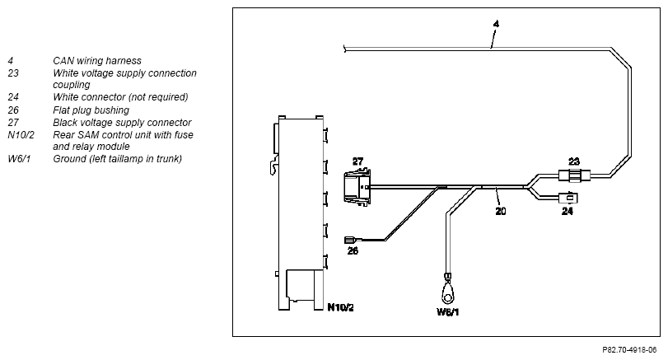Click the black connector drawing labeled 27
point(357,187)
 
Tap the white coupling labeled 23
point(574,175)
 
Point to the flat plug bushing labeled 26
point(350,240)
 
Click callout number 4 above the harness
point(496,24)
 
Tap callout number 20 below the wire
point(501,210)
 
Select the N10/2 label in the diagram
point(340,306)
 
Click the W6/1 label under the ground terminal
point(448,312)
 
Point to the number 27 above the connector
point(357,161)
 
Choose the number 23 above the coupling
point(574,161)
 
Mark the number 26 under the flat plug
point(353,250)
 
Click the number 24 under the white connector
point(567,211)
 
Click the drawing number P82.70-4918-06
point(629,350)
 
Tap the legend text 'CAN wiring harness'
point(97,61)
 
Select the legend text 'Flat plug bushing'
point(91,110)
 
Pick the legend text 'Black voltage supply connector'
point(122,123)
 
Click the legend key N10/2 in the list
point(21,135)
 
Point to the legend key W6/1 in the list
point(19,159)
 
